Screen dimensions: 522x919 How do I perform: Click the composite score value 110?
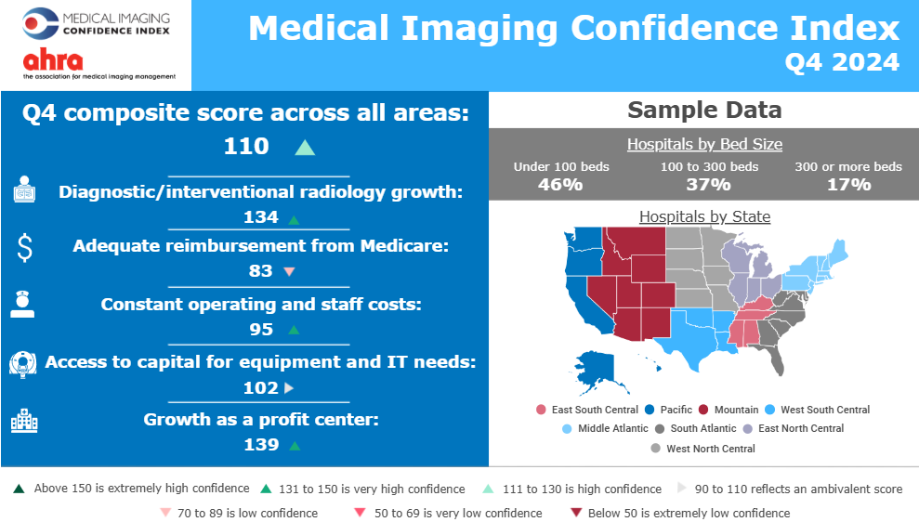(x=246, y=146)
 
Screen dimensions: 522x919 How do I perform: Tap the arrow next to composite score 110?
(x=305, y=148)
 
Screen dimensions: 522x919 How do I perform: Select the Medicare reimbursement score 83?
(x=261, y=271)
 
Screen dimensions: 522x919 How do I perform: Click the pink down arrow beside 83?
(x=288, y=272)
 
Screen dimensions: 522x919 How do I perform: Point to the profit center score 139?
(x=261, y=445)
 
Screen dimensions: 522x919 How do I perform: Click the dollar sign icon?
(x=25, y=247)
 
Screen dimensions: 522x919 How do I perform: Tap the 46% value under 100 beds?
(x=560, y=184)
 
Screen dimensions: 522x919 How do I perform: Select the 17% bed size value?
(x=848, y=184)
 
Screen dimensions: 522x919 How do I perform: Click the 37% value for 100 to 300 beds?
(x=709, y=184)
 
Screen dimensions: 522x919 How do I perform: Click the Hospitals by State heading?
(x=704, y=216)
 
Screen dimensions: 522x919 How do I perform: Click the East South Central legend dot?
(x=541, y=410)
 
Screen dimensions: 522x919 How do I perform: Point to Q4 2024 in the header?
(x=842, y=62)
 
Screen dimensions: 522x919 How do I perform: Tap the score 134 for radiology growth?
(x=261, y=217)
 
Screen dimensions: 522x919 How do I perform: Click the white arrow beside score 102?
(x=288, y=388)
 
